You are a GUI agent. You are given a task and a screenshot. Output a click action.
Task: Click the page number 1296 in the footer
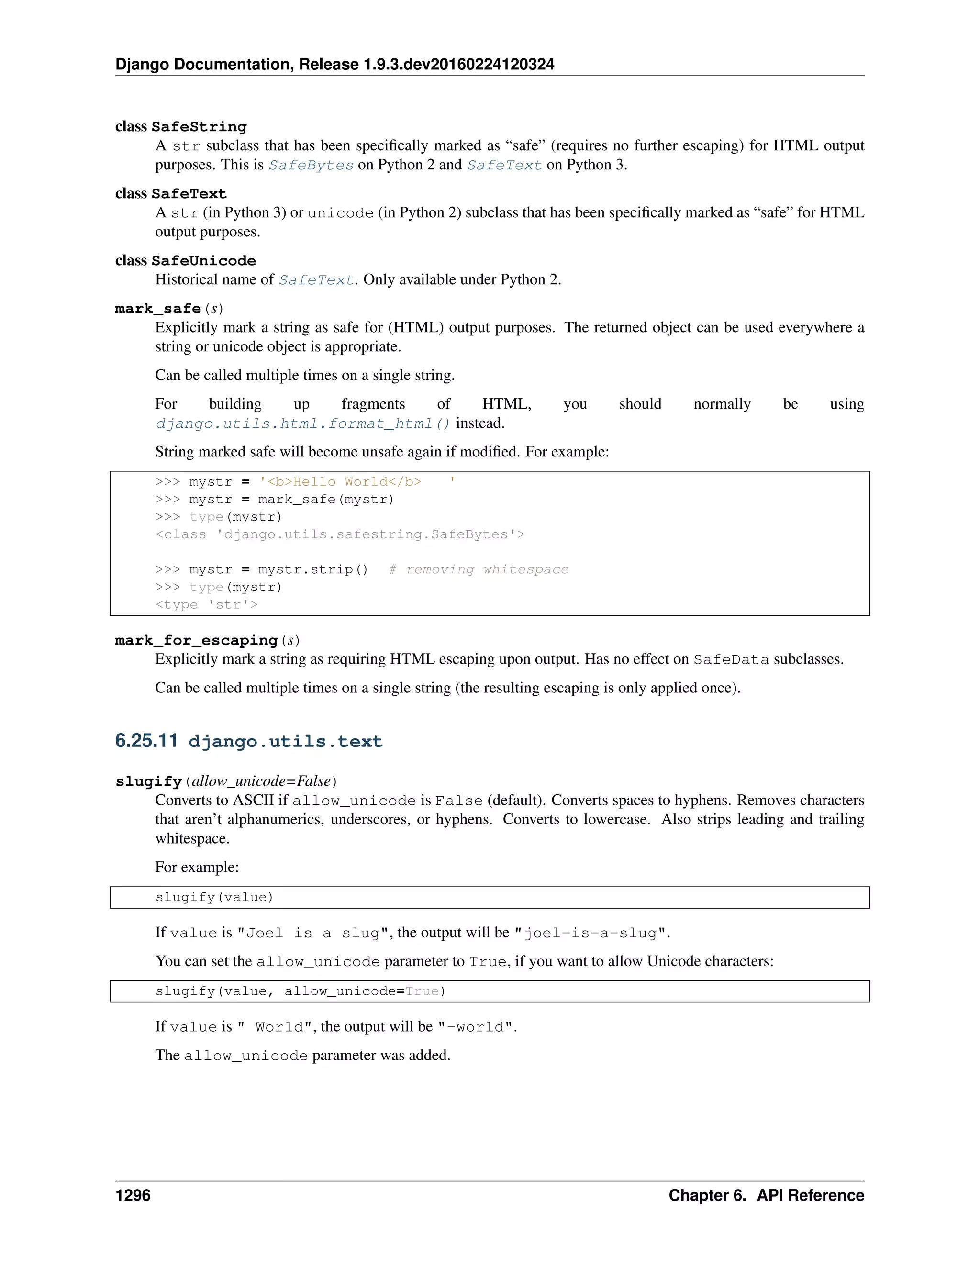[x=133, y=1195]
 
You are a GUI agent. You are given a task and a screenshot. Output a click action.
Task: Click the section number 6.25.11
[x=146, y=741]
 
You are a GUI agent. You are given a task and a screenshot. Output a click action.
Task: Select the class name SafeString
[x=199, y=127]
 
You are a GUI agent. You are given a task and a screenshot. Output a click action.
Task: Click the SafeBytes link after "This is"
[x=311, y=166]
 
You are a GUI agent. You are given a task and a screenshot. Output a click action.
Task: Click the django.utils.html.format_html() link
[x=302, y=424]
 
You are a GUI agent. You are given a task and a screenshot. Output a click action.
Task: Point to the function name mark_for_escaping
[x=196, y=640]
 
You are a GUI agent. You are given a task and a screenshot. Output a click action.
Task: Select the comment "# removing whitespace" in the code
[x=479, y=569]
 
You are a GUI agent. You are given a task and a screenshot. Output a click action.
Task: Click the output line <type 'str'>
[x=206, y=605]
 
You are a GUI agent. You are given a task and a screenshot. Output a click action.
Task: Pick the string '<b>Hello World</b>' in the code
[x=357, y=482]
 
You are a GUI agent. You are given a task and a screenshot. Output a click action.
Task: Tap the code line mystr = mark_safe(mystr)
[x=291, y=499]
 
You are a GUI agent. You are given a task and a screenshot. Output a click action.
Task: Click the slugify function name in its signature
[x=149, y=781]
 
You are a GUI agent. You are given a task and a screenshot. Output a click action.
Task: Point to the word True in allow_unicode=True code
[x=422, y=991]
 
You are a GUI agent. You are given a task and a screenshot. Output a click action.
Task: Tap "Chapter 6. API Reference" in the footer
[x=766, y=1195]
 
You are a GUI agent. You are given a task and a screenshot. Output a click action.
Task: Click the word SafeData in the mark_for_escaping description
[x=731, y=659]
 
